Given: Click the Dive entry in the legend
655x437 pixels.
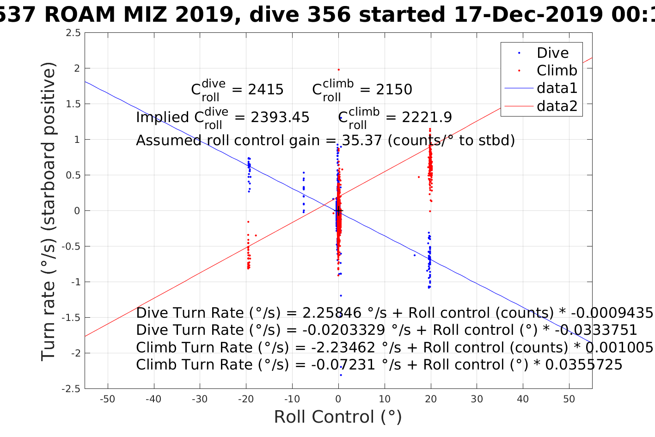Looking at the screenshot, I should pos(552,53).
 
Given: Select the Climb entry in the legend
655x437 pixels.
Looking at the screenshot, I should pos(557,70).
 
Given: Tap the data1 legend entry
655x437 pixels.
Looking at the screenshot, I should pos(557,88).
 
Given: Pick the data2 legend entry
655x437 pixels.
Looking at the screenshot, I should pos(557,106).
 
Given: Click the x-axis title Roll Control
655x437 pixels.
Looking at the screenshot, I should pos(338,417).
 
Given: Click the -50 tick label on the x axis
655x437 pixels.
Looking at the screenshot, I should pos(107,399).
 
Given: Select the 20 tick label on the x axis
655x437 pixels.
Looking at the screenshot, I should pos(430,399).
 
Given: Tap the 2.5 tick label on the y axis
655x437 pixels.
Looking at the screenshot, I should pos(73,33).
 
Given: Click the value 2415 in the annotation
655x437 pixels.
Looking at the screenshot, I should pos(266,89).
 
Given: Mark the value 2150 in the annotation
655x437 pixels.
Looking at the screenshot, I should pos(394,89).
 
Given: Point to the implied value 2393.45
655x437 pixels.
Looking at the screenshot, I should pos(280,117).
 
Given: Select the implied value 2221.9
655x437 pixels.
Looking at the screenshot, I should pos(427,117).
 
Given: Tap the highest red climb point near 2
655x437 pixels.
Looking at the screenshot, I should pos(338,70).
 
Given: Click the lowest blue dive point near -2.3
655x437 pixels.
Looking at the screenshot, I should pos(341,375).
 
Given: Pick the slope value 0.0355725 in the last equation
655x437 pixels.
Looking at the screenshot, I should pos(584,365).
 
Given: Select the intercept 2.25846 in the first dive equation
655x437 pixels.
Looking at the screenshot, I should pos(332,313).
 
